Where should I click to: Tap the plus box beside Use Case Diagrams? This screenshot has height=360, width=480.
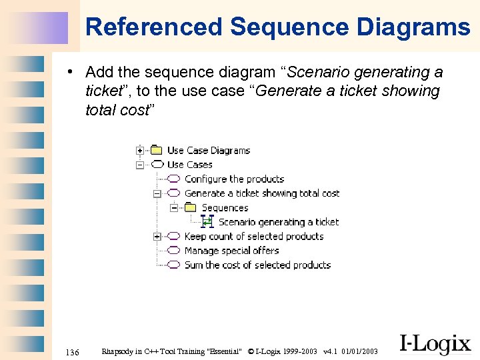coord(140,150)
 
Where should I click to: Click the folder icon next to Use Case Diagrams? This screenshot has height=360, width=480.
coord(157,150)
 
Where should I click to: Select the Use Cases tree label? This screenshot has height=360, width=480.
coord(189,165)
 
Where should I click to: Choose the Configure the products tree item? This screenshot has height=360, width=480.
coord(234,179)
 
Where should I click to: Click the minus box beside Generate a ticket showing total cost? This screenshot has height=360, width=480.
coord(157,193)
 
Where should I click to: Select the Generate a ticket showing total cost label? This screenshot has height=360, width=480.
coord(262,193)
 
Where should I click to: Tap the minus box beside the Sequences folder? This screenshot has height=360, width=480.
coord(174,207)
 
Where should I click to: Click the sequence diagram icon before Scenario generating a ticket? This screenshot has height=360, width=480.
coord(207,221)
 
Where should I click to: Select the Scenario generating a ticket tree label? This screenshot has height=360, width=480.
coord(279,222)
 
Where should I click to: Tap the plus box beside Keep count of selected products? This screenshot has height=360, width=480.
coord(157,236)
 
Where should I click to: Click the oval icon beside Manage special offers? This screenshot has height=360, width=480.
coord(173,251)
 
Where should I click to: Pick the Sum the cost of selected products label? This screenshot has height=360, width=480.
coord(257,265)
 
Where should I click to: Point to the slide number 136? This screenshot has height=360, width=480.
coord(73,351)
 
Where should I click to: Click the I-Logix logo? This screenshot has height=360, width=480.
coord(435,344)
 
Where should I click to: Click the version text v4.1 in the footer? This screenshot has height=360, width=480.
coord(330,351)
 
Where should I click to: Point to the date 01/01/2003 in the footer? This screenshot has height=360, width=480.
coord(359,351)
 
